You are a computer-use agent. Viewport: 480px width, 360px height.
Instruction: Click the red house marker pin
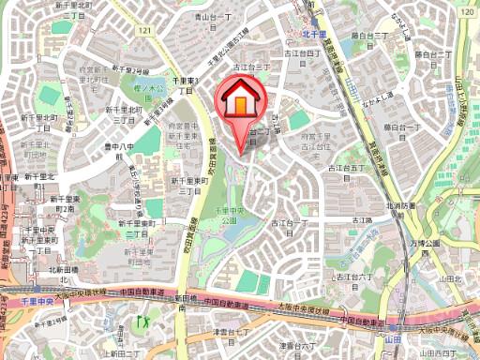(239, 101)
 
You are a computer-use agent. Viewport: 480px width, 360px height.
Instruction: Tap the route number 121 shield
(143, 32)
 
